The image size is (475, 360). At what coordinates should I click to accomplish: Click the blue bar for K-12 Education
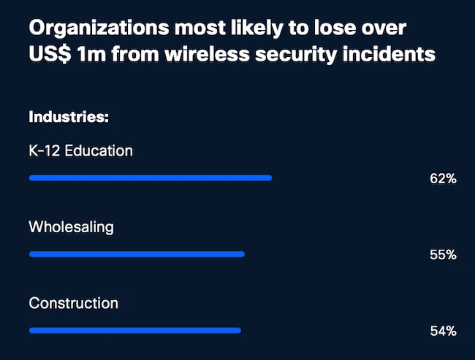151,177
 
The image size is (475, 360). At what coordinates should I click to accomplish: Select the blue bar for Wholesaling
137,254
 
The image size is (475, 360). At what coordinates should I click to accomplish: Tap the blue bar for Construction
134,330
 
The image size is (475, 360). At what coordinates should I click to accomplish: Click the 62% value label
443,179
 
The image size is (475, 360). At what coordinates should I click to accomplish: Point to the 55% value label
443,255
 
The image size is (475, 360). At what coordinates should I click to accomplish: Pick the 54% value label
443,331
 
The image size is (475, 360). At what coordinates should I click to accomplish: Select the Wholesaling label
71,226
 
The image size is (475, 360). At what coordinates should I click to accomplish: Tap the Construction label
73,302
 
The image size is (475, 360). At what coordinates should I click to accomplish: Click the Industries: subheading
69,117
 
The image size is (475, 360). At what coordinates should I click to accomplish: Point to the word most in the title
194,29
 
